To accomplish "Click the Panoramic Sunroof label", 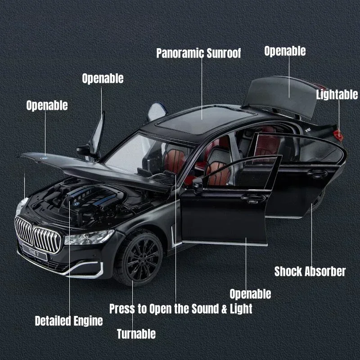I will [198, 53].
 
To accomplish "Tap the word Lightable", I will [337, 94].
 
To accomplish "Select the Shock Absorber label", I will [310, 271].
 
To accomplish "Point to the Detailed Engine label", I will [69, 321].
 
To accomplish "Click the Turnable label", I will [136, 334].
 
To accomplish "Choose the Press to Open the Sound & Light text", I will [180, 309].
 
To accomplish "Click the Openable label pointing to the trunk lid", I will [285, 51].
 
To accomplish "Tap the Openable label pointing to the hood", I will [47, 105].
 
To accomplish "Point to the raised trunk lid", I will [288, 92].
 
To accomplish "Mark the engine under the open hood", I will [90, 198].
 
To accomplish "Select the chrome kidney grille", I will [38, 234].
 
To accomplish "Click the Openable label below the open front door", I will [250, 294].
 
